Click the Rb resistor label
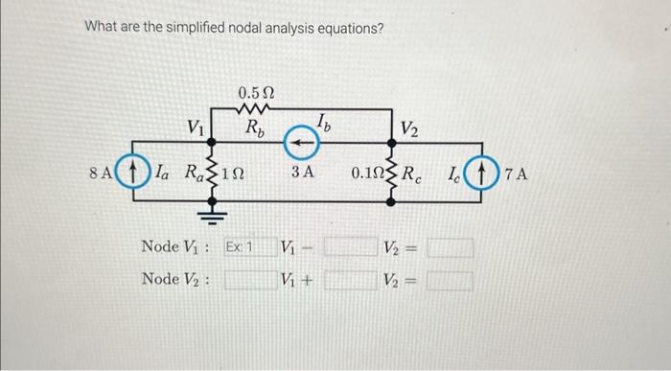point(255,127)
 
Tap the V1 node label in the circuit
point(196,127)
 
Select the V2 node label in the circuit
point(409,128)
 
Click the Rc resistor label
point(412,174)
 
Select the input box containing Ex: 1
point(239,247)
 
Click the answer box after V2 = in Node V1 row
point(451,248)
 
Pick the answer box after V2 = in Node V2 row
point(451,281)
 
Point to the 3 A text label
point(303,174)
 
